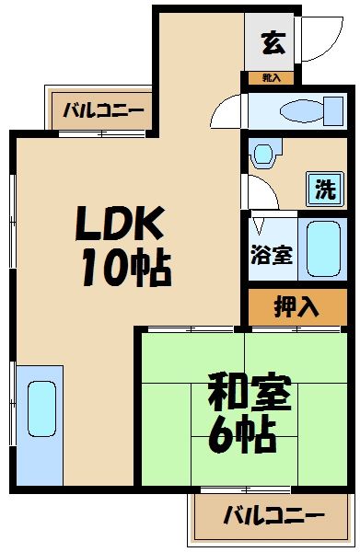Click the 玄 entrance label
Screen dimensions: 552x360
pyautogui.click(x=271, y=41)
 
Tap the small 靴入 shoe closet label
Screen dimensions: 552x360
pyautogui.click(x=271, y=79)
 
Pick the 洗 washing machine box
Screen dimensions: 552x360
pyautogui.click(x=325, y=190)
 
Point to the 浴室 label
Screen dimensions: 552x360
pyautogui.click(x=272, y=253)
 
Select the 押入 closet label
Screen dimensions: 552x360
pyautogui.click(x=296, y=307)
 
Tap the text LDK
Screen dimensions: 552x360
pyautogui.click(x=119, y=223)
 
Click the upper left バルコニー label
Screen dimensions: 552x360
pyautogui.click(x=103, y=113)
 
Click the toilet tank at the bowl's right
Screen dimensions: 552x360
pyautogui.click(x=329, y=111)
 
